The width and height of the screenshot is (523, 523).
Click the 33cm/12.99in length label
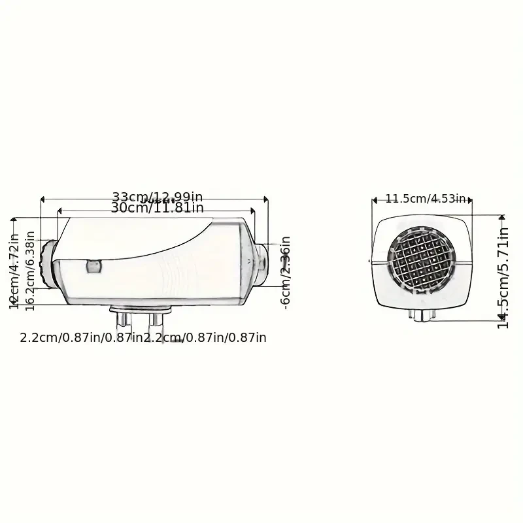click(x=157, y=197)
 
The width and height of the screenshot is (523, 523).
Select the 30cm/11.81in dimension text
click(x=157, y=209)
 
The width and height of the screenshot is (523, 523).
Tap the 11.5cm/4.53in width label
click(x=425, y=199)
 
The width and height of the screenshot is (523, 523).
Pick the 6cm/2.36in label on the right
click(x=285, y=272)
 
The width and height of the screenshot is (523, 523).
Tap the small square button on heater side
click(x=93, y=265)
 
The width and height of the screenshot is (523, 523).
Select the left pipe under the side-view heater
click(x=122, y=321)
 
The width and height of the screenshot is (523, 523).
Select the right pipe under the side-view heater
click(x=156, y=321)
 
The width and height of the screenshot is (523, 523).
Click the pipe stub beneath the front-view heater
click(x=422, y=316)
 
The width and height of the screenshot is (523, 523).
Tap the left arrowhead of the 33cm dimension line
click(x=42, y=198)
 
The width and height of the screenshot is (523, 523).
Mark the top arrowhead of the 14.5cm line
click(x=501, y=216)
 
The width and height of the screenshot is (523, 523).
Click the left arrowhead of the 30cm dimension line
click(x=60, y=210)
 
